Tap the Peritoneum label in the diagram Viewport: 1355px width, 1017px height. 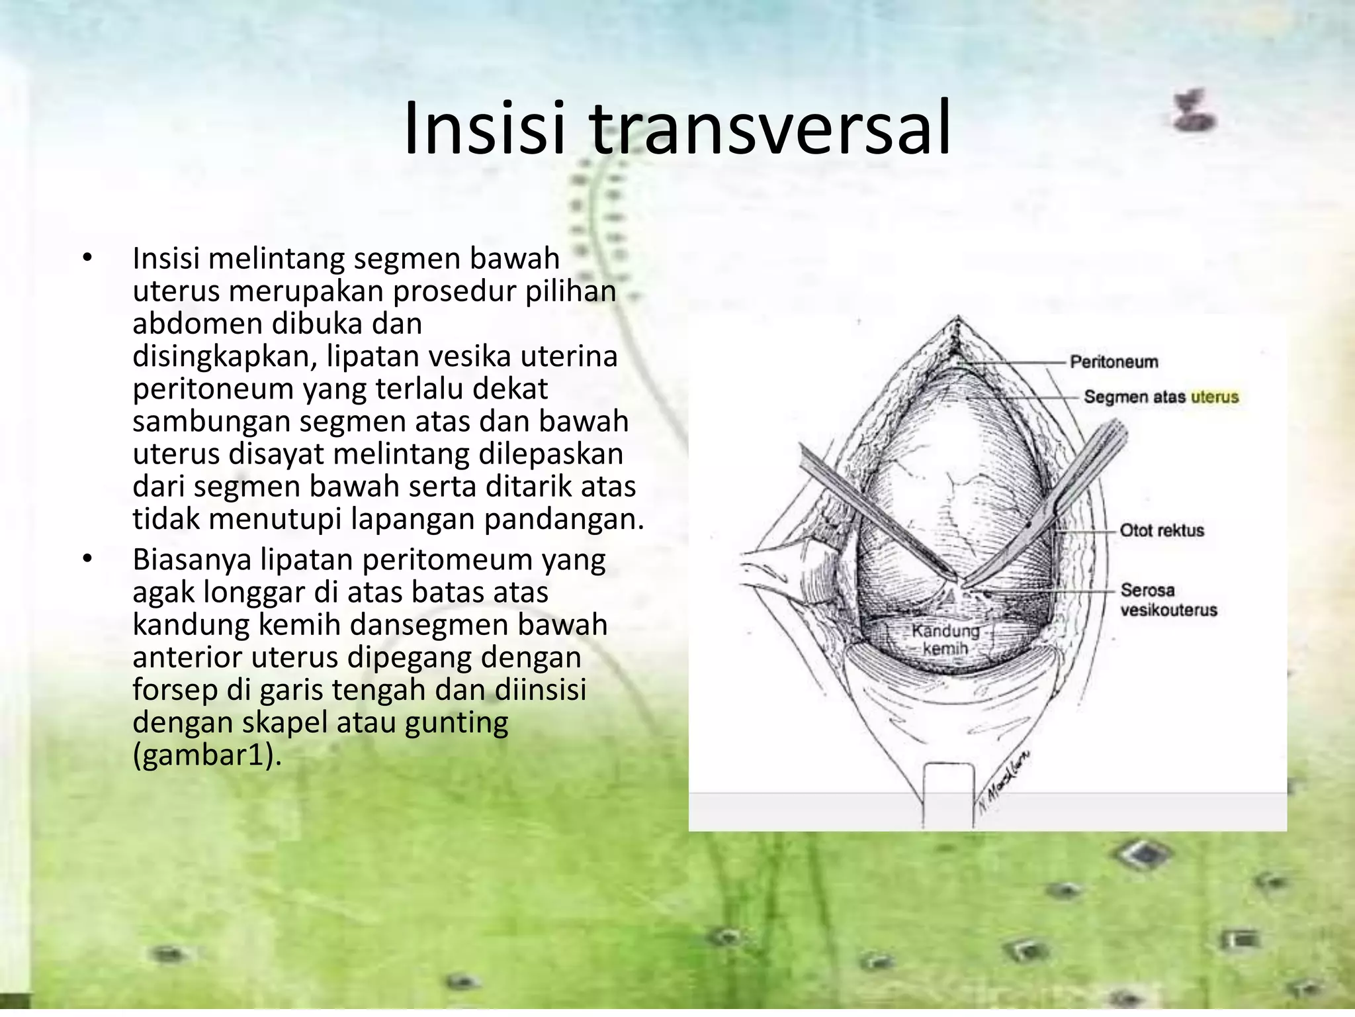pos(1114,362)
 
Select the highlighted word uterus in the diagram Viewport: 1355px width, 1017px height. pos(1215,397)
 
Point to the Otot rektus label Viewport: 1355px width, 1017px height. pos(1161,530)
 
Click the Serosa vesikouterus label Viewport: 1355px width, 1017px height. pos(1168,600)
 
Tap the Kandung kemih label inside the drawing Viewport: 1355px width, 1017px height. pos(945,640)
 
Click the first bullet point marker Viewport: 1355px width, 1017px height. pos(87,258)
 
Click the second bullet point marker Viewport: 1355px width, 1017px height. pos(87,559)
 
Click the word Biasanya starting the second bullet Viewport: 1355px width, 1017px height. pos(192,559)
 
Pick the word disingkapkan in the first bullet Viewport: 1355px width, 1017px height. pos(222,356)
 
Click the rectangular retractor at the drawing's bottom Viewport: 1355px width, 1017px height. pos(948,791)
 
